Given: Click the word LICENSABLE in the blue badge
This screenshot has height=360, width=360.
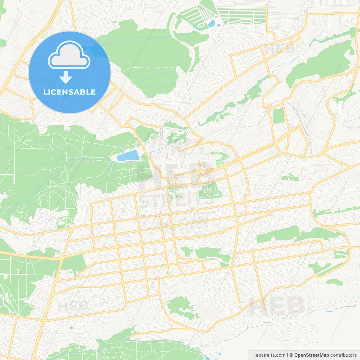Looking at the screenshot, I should pyautogui.click(x=69, y=92).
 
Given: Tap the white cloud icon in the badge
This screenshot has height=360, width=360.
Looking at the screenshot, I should pyautogui.click(x=69, y=55).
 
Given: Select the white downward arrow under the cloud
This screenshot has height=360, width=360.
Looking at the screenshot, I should pyautogui.click(x=66, y=77).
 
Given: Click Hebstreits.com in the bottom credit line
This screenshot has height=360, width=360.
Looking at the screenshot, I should pyautogui.click(x=269, y=355).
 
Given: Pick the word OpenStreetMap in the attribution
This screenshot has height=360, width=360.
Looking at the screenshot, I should pyautogui.click(x=311, y=355).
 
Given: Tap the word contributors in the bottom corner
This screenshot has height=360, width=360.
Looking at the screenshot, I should pyautogui.click(x=343, y=355).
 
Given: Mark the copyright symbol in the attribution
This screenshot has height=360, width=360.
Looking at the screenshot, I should pyautogui.click(x=291, y=355).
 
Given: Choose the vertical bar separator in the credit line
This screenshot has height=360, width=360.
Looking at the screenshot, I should pyautogui.click(x=287, y=355).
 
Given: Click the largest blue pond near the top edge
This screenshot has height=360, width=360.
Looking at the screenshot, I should pyautogui.click(x=211, y=24).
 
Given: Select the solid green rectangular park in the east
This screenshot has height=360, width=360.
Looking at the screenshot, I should pyautogui.click(x=278, y=116).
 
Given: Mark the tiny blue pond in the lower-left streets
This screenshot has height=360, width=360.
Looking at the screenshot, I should pyautogui.click(x=71, y=328).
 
